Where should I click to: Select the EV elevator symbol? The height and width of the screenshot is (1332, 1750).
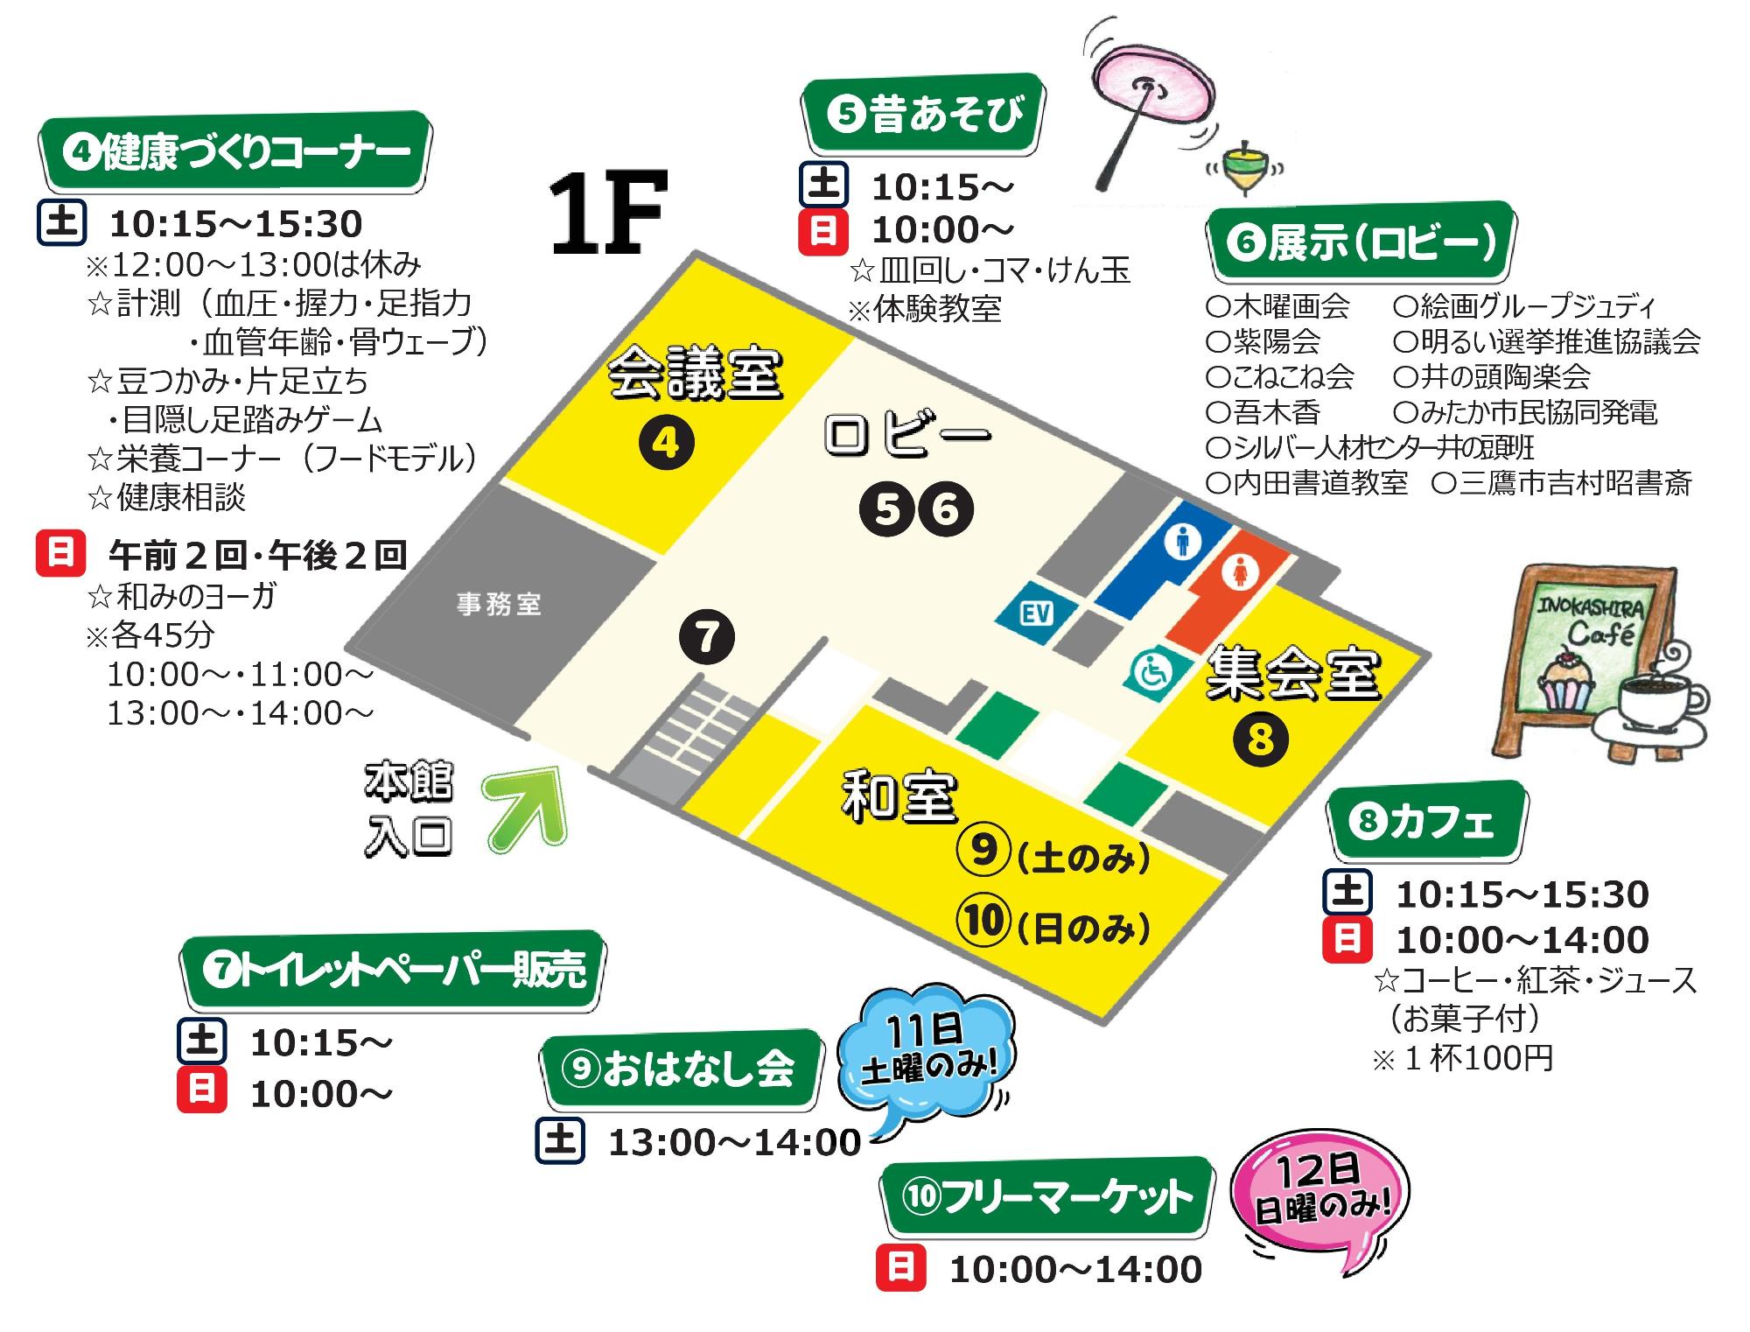pyautogui.click(x=1036, y=613)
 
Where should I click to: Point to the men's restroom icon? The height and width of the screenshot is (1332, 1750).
pyautogui.click(x=1183, y=543)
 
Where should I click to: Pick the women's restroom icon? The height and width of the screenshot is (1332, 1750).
pyautogui.click(x=1242, y=574)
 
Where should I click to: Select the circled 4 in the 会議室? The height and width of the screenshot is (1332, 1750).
pyautogui.click(x=666, y=444)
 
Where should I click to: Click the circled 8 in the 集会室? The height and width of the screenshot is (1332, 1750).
pyautogui.click(x=1260, y=740)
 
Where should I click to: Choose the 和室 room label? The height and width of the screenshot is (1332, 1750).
pyautogui.click(x=899, y=796)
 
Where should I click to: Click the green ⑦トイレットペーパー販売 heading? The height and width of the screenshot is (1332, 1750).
pyautogui.click(x=394, y=971)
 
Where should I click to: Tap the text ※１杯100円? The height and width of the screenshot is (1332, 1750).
pyautogui.click(x=1462, y=1059)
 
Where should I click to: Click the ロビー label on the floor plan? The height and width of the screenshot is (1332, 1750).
pyautogui.click(x=906, y=436)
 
